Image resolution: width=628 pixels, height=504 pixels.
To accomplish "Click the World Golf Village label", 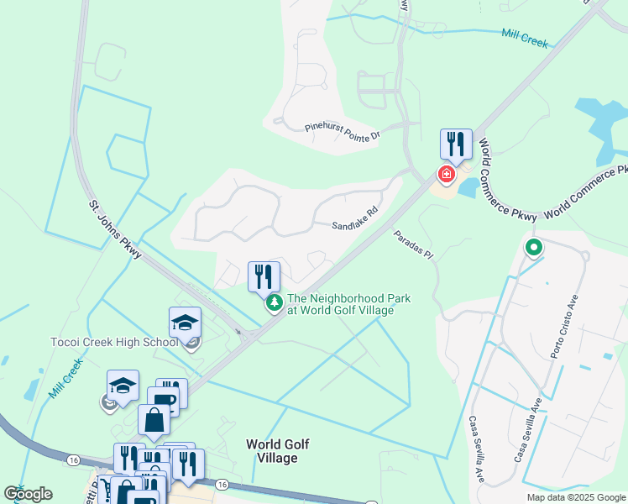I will click(x=271, y=451).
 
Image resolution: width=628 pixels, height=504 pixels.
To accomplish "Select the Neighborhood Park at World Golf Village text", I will click(x=340, y=304).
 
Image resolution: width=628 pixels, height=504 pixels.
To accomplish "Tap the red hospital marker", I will click(x=447, y=175).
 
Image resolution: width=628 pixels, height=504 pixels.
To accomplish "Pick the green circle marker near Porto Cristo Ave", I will click(x=533, y=248).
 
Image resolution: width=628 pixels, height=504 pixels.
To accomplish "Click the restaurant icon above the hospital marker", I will click(x=456, y=144).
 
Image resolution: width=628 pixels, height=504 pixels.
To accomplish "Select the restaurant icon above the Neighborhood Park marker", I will click(x=264, y=276).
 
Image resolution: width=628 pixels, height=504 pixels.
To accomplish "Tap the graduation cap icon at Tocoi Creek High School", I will click(x=185, y=323).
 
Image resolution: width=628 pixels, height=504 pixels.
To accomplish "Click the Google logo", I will click(x=28, y=494).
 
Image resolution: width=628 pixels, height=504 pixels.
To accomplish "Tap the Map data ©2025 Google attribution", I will click(x=575, y=497).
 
